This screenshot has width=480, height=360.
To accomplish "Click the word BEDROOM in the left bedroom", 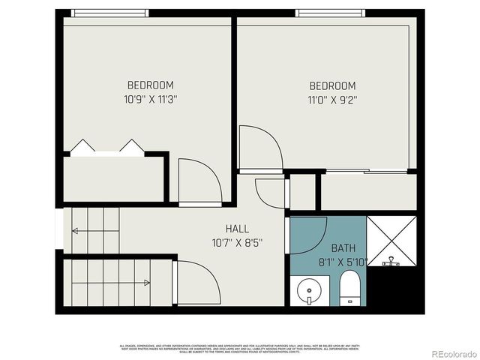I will click(x=150, y=85).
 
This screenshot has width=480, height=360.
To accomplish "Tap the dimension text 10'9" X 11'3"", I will click(x=150, y=98).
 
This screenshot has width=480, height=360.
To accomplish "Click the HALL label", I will click(x=237, y=229).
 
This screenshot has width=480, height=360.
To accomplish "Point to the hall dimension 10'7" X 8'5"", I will click(x=237, y=242).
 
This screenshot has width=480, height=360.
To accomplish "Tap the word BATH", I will click(x=343, y=247).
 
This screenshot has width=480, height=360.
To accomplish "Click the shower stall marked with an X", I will click(x=391, y=240).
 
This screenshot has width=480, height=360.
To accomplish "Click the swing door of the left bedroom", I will click(x=199, y=182).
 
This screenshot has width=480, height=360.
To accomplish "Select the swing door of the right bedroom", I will click(x=259, y=148).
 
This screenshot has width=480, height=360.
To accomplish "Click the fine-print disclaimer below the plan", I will click(x=239, y=348).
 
